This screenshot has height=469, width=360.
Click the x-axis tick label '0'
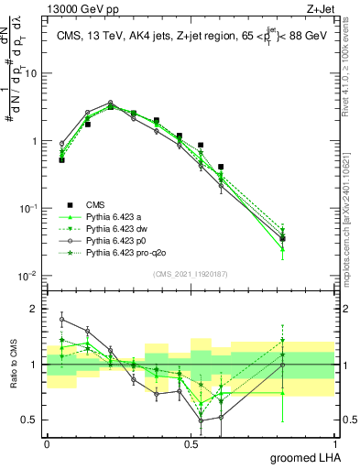pyautogui.click(x=47, y=442)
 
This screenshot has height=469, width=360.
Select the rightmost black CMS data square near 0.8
pyautogui.click(x=283, y=238)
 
